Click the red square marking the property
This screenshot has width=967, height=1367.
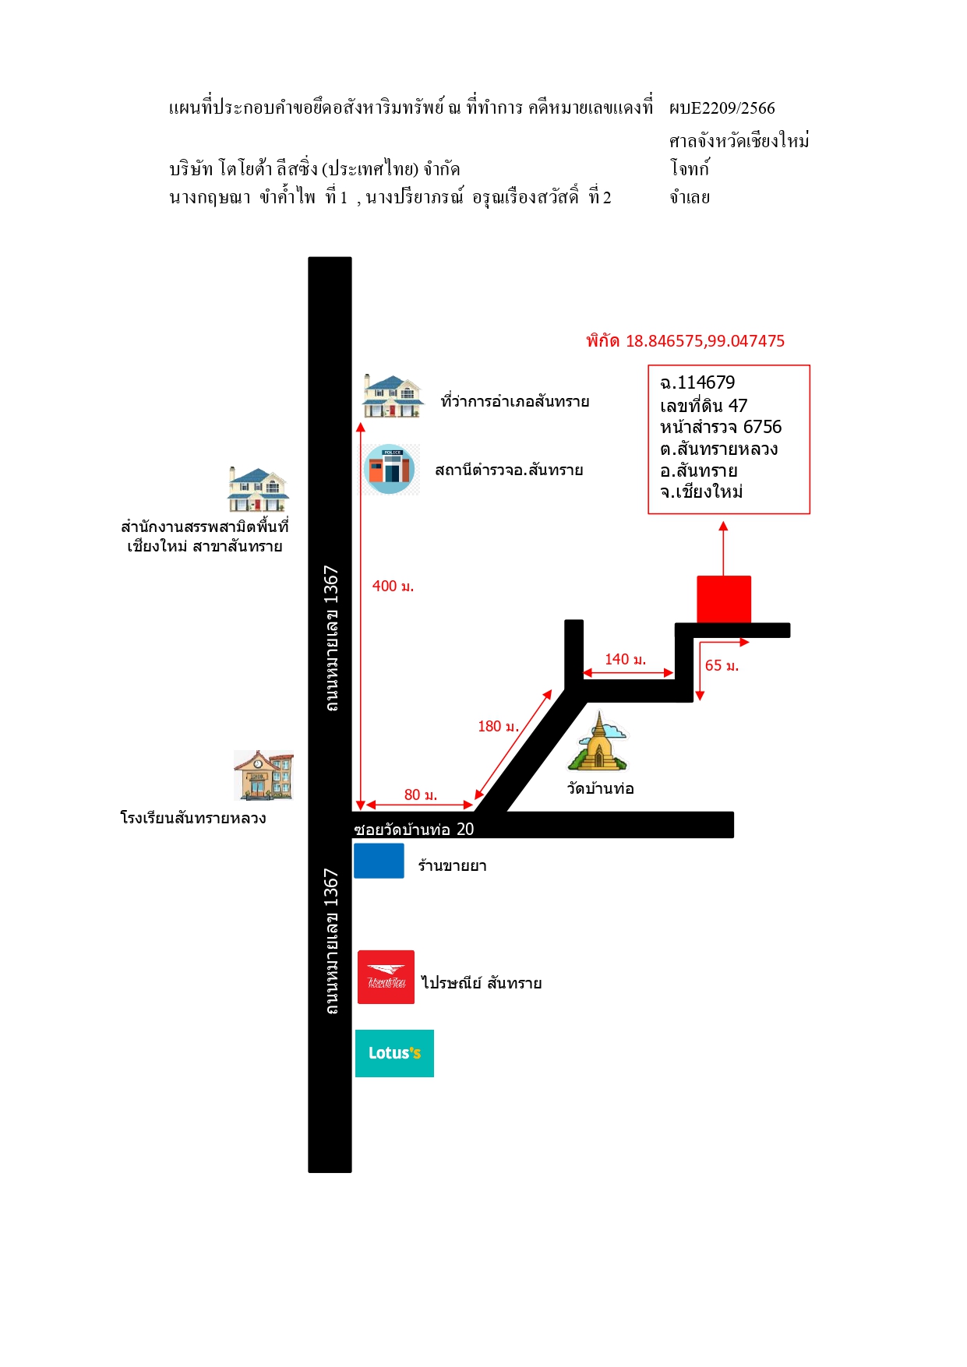point(724,599)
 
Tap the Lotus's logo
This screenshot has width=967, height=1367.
point(394,1053)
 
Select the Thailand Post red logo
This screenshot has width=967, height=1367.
point(386,977)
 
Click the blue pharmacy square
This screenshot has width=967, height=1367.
point(379,861)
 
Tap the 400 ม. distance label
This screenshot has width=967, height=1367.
point(393,586)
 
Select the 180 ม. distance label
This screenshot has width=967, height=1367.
point(498,726)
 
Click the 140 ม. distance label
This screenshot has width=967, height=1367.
point(626,659)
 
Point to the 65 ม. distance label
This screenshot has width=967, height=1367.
point(722,665)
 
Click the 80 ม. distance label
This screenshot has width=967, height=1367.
point(421,794)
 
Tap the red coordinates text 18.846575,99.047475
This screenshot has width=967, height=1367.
point(705,340)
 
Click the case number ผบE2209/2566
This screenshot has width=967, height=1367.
point(722,108)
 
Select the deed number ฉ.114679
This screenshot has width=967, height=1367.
point(697,382)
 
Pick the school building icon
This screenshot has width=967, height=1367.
point(264,775)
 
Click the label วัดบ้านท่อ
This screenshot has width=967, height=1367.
point(601,788)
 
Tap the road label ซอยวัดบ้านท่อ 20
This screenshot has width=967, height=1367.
point(414,829)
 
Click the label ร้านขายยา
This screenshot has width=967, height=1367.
point(453,865)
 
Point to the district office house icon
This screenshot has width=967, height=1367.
point(393,396)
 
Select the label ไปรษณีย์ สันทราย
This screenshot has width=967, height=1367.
point(482,983)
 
